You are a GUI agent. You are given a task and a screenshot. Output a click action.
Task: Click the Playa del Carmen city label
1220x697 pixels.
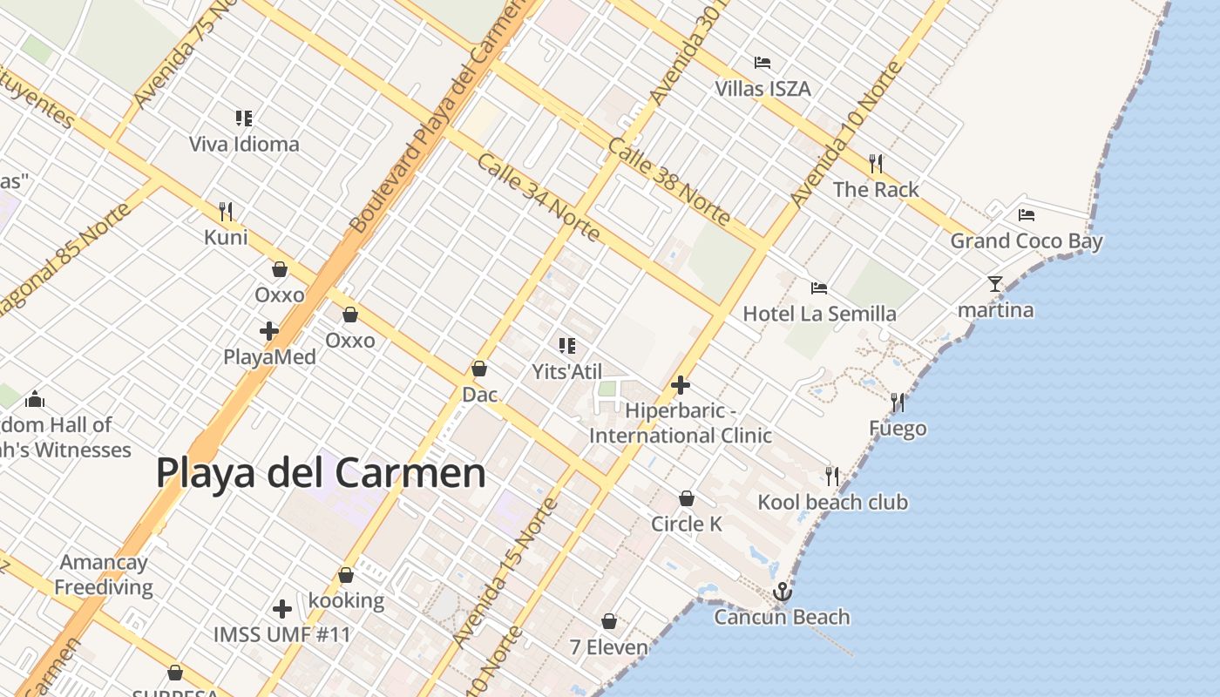(321, 473)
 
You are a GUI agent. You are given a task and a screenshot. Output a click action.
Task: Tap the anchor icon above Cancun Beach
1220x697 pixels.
(783, 592)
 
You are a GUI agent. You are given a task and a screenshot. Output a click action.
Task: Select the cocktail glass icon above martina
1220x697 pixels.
(995, 284)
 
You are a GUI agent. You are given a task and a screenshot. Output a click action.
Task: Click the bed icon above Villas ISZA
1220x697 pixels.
(762, 63)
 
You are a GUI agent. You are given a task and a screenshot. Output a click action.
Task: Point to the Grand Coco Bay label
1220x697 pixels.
(1026, 241)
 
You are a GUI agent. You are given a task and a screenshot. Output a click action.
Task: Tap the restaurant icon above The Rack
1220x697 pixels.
(876, 163)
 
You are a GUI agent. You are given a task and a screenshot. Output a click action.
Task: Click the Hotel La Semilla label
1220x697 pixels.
(819, 314)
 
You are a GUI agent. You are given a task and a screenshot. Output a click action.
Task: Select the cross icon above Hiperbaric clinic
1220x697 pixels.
(681, 384)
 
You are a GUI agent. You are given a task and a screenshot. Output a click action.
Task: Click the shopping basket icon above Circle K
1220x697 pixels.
(687, 498)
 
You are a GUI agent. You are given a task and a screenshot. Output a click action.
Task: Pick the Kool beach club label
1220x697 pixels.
(832, 503)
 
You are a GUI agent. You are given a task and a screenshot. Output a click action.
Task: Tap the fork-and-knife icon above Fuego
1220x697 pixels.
(898, 402)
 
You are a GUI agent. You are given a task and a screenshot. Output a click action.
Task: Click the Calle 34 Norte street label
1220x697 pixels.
(538, 197)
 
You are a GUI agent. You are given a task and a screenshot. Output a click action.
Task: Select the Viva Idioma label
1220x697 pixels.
(244, 145)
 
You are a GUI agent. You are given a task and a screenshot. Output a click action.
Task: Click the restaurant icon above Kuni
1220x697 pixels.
(226, 211)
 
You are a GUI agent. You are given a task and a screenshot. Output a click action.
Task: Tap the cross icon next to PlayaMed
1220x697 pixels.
(269, 331)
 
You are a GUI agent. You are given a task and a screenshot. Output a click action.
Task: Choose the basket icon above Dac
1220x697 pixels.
(478, 369)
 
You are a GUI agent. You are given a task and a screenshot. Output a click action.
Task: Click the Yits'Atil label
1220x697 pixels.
(567, 372)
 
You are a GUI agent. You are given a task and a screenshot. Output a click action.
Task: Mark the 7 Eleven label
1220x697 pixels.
(609, 647)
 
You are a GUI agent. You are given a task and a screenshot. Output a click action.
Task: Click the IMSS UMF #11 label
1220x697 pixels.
(281, 634)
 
